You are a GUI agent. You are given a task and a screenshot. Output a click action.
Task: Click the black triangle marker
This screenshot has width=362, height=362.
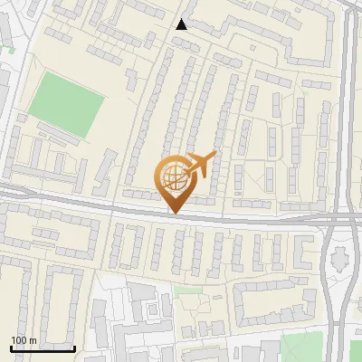182,24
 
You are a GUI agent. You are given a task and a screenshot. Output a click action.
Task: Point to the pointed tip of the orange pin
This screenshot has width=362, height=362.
174,213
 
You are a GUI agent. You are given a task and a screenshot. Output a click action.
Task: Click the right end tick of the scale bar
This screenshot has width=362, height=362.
74,347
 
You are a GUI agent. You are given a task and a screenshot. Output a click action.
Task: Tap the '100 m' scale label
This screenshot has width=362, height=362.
24,339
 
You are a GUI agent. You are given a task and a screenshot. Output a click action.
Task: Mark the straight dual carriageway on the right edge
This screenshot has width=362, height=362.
348,109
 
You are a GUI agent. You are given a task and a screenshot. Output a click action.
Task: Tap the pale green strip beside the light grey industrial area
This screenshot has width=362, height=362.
188,291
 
